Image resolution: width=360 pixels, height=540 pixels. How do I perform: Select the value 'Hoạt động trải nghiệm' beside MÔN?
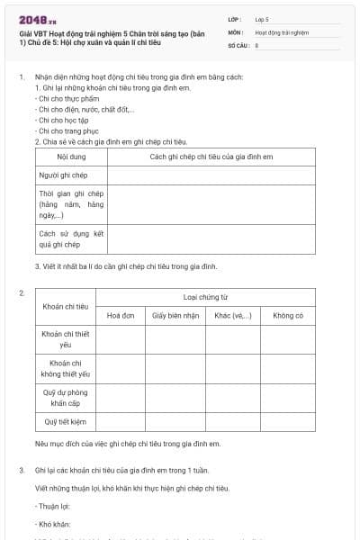tap(282, 31)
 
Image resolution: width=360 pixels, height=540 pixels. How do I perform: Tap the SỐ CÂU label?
tap(238, 44)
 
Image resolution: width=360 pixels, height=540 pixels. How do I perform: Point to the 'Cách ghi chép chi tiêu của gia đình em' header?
tap(211, 157)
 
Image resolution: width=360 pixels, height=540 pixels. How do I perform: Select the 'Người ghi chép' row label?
tap(59, 175)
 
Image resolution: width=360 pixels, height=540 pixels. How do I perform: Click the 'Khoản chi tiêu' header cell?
tap(65, 306)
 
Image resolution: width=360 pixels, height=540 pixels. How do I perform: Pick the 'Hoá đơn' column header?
tap(121, 316)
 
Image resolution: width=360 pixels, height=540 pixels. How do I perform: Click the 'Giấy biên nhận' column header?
tap(175, 316)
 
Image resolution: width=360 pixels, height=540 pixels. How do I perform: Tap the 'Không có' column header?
tap(288, 316)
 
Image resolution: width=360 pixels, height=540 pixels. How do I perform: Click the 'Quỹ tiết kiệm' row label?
tap(65, 420)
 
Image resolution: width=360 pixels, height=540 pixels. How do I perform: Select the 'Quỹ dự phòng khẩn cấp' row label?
tap(65, 397)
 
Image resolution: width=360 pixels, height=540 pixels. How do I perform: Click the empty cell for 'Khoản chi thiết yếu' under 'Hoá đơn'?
tap(121, 339)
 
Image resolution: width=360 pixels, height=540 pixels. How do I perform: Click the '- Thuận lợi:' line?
tap(52, 507)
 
